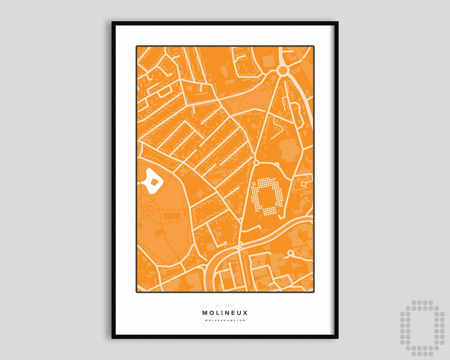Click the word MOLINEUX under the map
click(225, 313)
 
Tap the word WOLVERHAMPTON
click(225, 320)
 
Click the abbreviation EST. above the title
click(219, 305)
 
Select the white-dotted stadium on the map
click(268, 196)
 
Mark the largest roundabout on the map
click(283, 70)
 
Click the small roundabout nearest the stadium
click(256, 162)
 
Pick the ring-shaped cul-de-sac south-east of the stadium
click(291, 253)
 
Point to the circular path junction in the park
click(150, 208)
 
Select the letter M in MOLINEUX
click(205, 313)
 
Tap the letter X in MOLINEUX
click(246, 313)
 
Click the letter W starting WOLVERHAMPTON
click(206, 320)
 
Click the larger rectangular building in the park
click(171, 216)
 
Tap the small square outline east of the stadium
click(304, 183)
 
